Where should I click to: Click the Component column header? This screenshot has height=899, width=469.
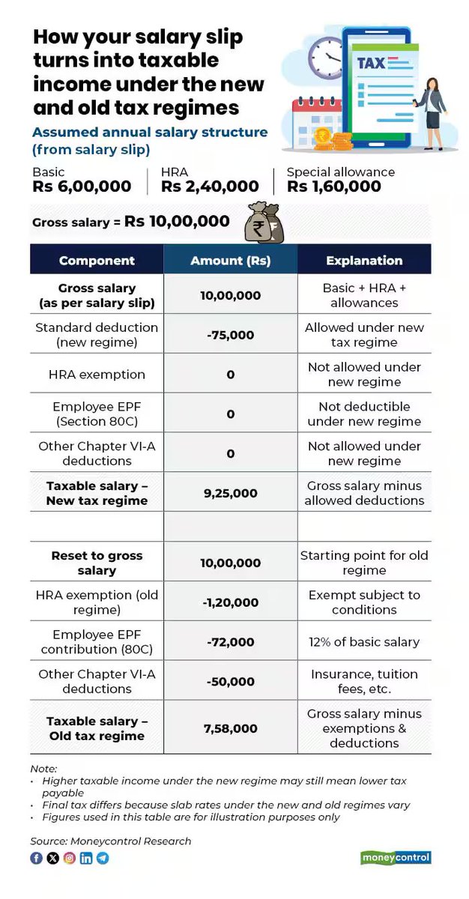coord(97,261)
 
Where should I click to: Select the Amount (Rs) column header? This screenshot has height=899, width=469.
coord(231,261)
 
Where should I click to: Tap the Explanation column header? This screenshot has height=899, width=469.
coord(364,261)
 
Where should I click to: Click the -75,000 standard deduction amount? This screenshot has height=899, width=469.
coord(231,335)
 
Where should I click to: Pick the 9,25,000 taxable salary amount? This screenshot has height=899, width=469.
coord(231,493)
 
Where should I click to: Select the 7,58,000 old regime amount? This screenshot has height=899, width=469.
coord(231,728)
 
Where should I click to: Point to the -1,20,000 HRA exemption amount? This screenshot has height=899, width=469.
coord(231,602)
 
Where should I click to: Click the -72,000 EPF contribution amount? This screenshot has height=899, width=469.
coord(231,642)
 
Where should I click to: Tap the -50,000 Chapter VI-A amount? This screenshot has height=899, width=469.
coord(231,682)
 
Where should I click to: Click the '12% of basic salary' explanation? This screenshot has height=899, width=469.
coord(364,642)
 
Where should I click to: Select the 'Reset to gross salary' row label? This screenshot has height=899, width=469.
coord(97,563)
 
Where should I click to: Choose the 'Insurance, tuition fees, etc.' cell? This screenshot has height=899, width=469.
coord(364,681)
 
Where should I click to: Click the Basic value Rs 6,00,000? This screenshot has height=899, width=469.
coord(82,187)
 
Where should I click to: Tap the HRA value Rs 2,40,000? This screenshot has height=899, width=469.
coord(210,187)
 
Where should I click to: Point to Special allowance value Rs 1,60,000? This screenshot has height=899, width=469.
coord(334,187)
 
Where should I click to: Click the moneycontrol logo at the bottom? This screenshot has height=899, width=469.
coord(396,858)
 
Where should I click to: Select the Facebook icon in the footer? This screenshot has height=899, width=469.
coord(36,858)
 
